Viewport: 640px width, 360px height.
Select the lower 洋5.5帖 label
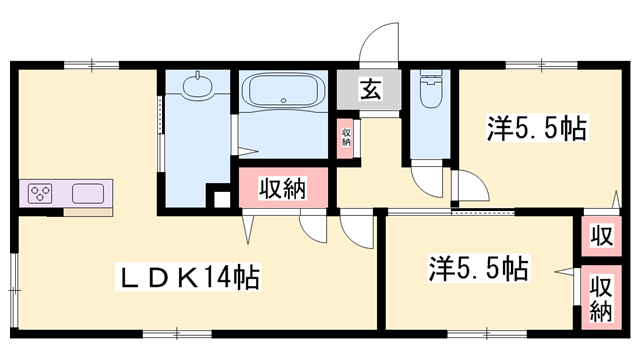point(478,267)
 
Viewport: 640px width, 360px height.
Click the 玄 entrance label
point(369,91)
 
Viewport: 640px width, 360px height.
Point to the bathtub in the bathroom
point(285,92)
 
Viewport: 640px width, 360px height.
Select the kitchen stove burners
point(40,193)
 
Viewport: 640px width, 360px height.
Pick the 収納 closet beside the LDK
point(281,187)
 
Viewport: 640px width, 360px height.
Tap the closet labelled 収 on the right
point(600,237)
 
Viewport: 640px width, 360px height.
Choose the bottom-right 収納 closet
point(600,297)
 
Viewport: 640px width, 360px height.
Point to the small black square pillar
point(223,195)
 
